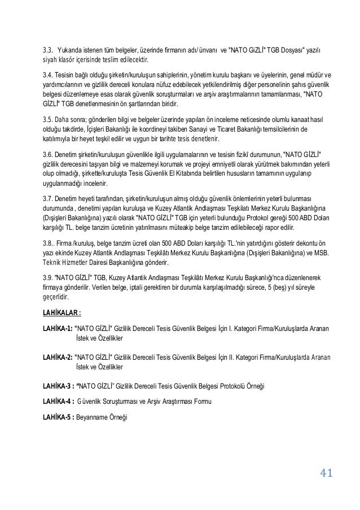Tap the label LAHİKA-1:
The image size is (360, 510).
pyautogui.click(x=56, y=328)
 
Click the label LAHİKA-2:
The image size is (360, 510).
pyautogui.click(x=56, y=357)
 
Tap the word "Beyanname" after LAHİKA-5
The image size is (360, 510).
pyautogui.click(x=93, y=417)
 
